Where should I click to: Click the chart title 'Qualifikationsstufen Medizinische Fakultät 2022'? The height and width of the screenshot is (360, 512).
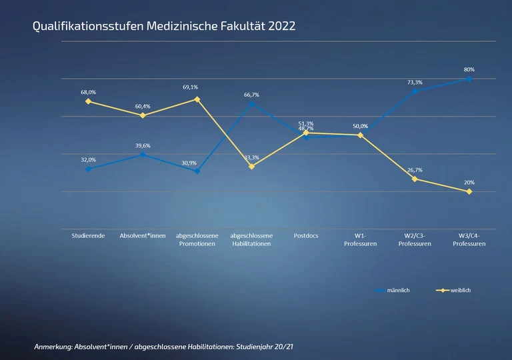164,26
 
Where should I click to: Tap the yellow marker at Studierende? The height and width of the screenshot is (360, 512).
88,101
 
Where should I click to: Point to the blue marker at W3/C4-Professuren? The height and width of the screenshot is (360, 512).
469,79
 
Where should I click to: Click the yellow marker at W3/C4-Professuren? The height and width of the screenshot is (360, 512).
469,191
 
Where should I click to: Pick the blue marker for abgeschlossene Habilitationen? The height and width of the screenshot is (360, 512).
251,104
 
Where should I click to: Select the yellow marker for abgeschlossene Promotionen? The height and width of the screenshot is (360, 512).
197,99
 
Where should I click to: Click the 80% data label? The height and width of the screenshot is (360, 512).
469,69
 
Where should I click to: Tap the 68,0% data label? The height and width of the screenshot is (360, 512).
88,92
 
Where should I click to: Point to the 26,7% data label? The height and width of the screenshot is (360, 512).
414,170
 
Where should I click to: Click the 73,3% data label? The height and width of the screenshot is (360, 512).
414,82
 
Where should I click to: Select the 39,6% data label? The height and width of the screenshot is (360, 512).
142,145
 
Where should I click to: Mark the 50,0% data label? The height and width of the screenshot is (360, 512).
360,126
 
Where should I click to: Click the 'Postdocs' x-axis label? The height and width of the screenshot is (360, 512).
306,236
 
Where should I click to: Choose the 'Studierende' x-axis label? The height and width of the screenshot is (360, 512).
88,236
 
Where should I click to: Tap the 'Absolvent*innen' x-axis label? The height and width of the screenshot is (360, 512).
142,236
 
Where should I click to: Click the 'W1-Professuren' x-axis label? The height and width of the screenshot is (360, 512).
360,240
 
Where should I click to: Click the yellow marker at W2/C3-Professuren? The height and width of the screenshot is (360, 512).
414,179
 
